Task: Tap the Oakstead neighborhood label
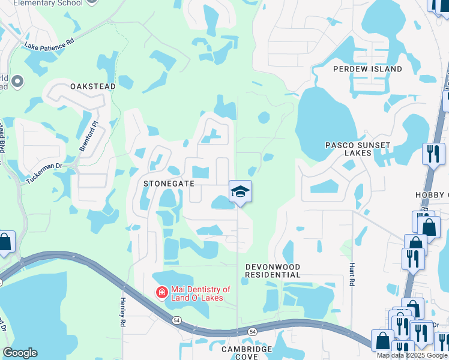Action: point(93,86)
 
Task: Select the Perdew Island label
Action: point(368,69)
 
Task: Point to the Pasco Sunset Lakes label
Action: point(358,149)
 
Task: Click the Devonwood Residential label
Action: point(273,270)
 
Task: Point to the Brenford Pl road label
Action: point(88,135)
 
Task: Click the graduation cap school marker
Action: point(240,191)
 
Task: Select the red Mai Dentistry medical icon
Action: point(161,292)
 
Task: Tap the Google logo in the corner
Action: point(20,353)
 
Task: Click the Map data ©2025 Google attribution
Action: point(412,355)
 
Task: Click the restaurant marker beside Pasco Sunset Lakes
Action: point(433,153)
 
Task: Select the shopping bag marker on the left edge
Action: point(5,242)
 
